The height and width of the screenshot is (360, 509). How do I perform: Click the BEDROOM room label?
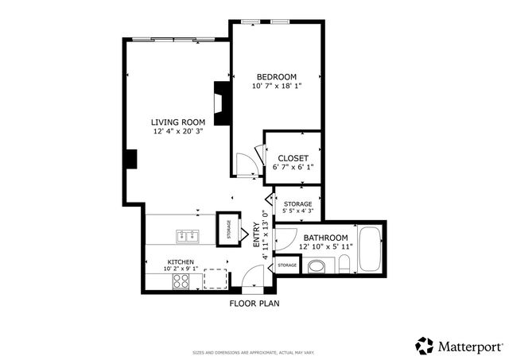[274, 76]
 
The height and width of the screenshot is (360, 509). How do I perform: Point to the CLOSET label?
[293, 158]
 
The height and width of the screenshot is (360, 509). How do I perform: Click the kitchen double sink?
[188, 235]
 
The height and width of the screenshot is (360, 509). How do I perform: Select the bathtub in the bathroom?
[370, 249]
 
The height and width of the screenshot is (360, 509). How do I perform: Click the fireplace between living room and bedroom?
[221, 99]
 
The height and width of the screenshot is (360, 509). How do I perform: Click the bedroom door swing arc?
[247, 165]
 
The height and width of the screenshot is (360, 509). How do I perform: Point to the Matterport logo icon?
[425, 346]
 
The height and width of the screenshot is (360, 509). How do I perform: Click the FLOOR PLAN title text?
[254, 304]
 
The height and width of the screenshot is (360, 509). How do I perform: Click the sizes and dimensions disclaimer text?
[254, 352]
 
